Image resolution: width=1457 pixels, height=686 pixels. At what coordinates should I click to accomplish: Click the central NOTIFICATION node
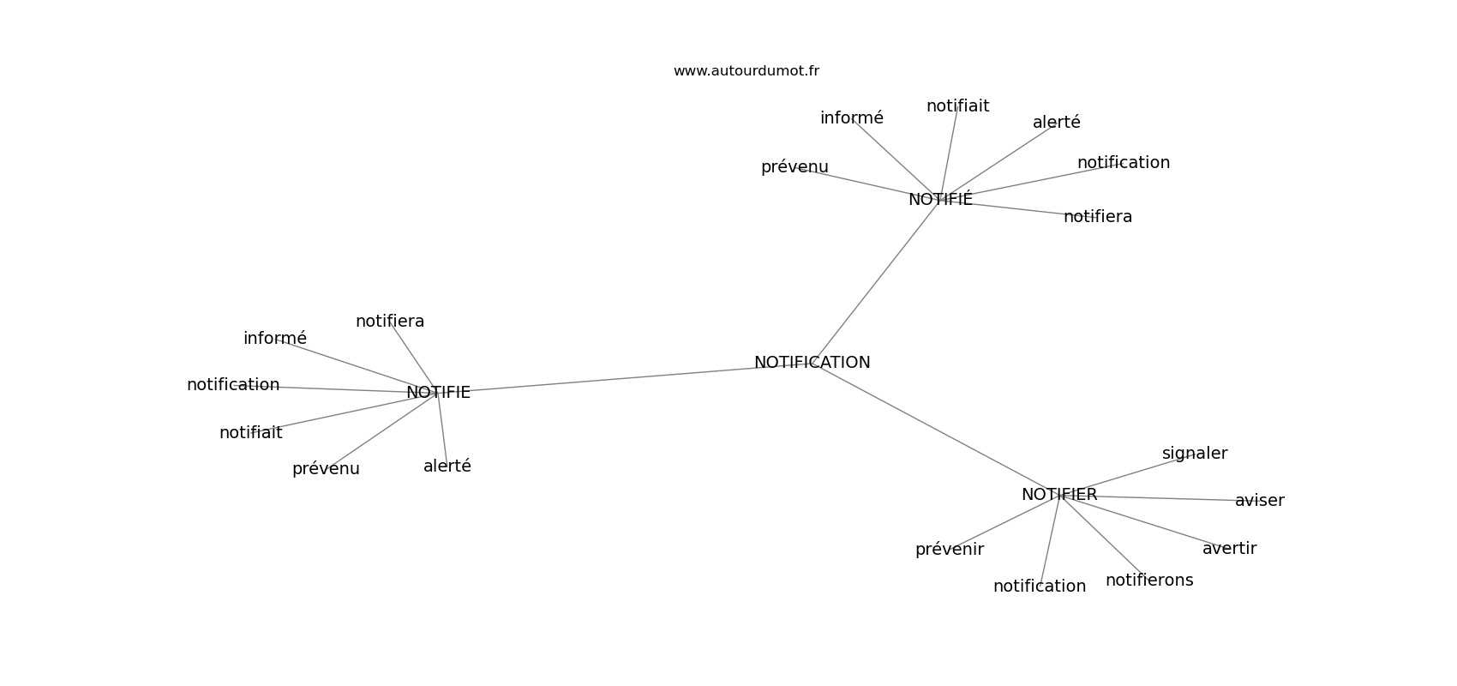[x=812, y=363]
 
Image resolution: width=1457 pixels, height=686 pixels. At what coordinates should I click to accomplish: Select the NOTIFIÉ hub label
[x=940, y=198]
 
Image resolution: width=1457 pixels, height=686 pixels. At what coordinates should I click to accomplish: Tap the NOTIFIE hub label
[x=439, y=393]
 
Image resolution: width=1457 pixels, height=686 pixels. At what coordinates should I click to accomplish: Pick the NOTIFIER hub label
[x=1059, y=495]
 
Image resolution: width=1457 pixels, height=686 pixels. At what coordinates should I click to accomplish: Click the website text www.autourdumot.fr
[x=746, y=71]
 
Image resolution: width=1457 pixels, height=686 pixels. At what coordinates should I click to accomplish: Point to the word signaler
[x=1195, y=454]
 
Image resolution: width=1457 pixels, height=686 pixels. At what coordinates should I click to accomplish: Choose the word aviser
[x=1260, y=501]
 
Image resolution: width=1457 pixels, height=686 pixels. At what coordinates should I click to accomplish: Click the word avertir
[x=1229, y=549]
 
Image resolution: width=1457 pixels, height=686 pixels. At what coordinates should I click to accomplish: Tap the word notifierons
[x=1149, y=580]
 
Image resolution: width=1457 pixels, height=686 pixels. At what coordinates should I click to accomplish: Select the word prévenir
[x=950, y=550]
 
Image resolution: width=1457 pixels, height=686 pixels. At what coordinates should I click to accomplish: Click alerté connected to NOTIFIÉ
[x=1056, y=123]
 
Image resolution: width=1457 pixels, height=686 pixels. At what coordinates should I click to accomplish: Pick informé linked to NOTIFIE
[x=275, y=339]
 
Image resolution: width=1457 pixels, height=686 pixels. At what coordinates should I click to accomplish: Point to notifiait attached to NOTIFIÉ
[x=958, y=106]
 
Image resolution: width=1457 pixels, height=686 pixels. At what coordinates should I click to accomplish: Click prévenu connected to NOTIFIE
[x=326, y=469]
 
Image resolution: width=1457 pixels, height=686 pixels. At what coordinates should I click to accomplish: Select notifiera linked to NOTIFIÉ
[x=1098, y=217]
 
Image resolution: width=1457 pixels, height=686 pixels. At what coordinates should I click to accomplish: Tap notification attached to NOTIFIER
[x=1040, y=587]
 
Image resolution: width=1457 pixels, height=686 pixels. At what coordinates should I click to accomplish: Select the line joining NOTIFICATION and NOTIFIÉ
[x=876, y=280]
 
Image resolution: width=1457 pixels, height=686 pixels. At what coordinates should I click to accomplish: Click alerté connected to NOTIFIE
[x=447, y=466]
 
